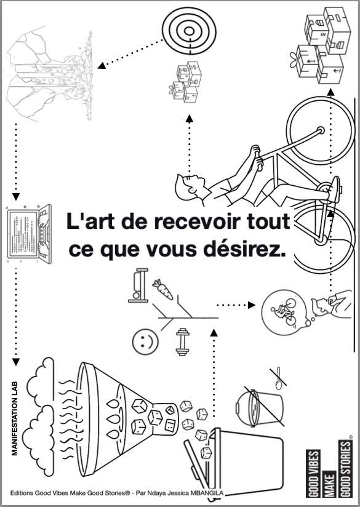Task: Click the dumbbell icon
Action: [x=182, y=343]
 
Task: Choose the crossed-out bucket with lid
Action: [x=258, y=407]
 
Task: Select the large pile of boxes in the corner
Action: [x=323, y=46]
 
